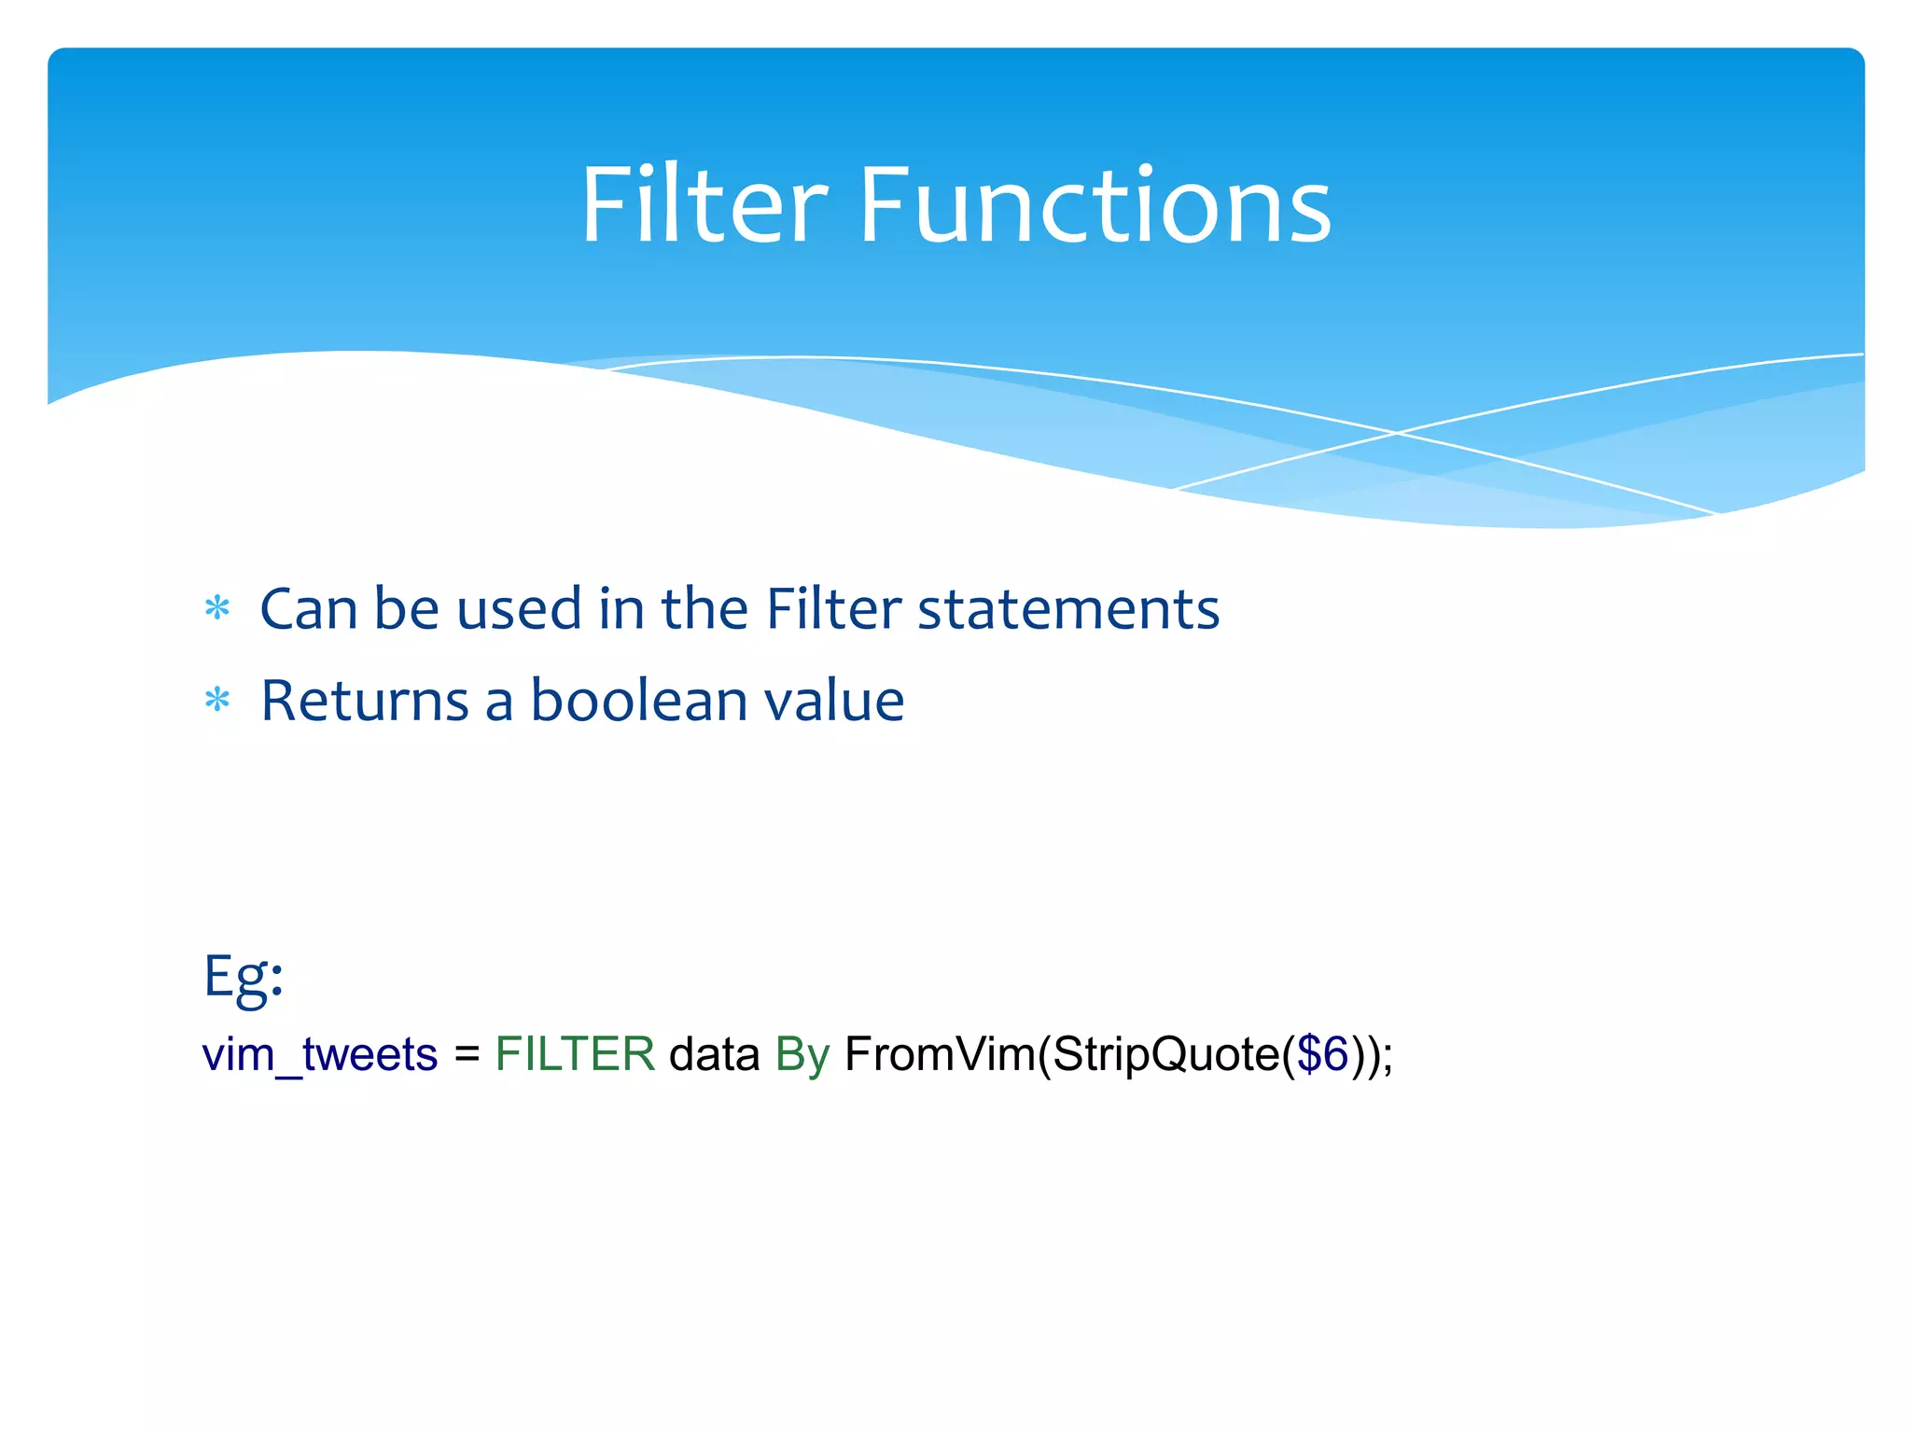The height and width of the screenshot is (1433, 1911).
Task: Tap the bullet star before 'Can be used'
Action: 216,609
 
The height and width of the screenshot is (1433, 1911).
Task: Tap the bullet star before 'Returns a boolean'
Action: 216,700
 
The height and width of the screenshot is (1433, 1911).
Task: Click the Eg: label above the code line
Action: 243,977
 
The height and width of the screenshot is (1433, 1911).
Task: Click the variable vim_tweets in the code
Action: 320,1055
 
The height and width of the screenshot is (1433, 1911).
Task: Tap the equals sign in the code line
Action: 467,1055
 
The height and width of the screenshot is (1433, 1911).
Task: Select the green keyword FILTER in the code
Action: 575,1055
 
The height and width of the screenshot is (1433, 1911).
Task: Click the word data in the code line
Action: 714,1055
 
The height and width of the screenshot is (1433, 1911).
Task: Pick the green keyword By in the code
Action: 802,1055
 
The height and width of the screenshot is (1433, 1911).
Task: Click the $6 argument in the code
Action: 1322,1055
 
